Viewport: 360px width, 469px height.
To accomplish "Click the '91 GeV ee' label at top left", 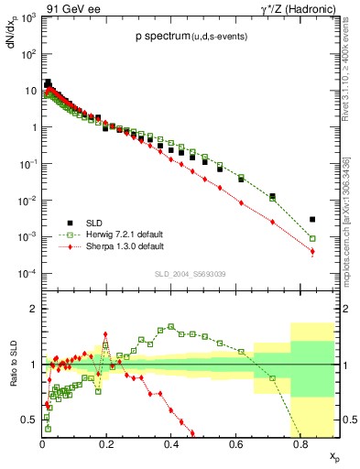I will [x=66, y=8].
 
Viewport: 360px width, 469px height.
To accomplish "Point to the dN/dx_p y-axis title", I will [x=12, y=41].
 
